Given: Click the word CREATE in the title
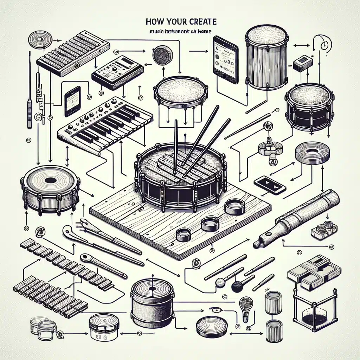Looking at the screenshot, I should (204, 21).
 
